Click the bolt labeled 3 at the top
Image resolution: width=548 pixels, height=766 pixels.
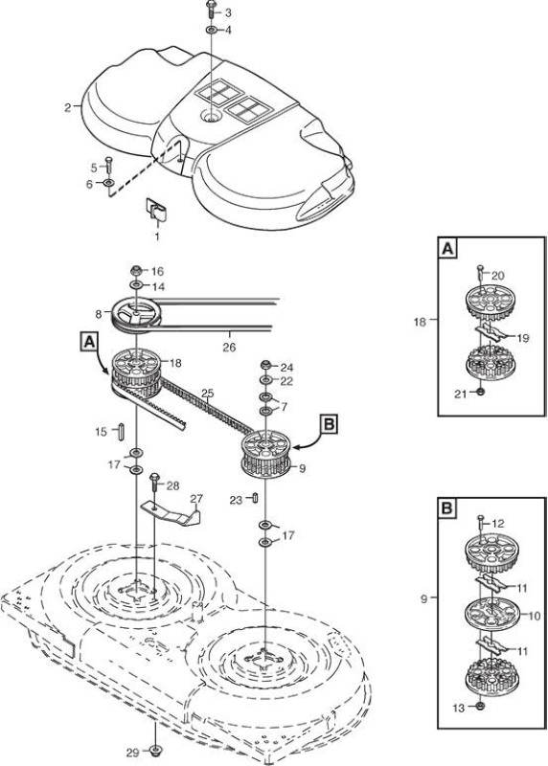coord(211,9)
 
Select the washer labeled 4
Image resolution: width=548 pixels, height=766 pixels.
coord(212,31)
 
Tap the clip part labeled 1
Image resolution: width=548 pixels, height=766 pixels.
coord(156,209)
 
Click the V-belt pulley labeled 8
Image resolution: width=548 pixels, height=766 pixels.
coord(135,315)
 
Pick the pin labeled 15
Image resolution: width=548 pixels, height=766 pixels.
coord(121,432)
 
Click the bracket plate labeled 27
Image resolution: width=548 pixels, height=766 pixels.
coord(172,513)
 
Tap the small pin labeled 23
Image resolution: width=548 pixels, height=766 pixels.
coord(255,497)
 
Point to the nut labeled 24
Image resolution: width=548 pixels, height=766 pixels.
coord(266,365)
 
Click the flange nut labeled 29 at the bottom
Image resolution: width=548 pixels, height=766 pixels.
coord(156,751)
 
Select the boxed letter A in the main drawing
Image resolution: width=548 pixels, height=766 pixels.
coord(88,342)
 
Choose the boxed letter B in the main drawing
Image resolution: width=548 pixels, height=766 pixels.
coord(329,424)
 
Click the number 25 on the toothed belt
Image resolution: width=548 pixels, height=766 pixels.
coord(207,393)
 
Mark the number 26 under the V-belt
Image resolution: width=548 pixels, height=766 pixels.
coord(229,348)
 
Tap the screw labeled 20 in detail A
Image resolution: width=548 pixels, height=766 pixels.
coord(480,273)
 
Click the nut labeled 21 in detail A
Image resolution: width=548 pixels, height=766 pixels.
coord(480,392)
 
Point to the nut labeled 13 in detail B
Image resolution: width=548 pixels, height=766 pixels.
coord(480,706)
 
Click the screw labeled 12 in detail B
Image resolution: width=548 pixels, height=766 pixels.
coord(481,524)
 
